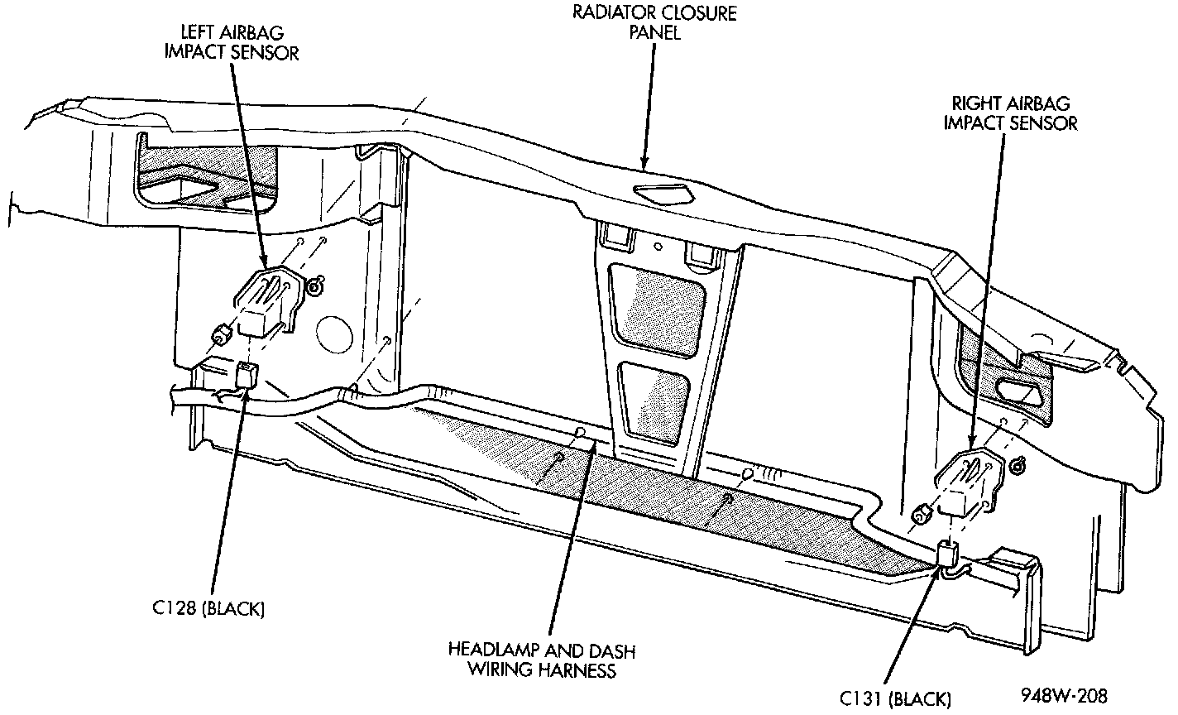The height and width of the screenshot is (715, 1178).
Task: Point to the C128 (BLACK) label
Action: (208, 609)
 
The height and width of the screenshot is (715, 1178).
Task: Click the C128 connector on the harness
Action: (247, 377)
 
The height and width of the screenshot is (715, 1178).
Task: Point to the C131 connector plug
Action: (948, 554)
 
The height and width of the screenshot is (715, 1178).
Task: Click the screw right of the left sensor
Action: (315, 287)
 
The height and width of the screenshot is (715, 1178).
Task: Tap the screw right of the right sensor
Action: (1018, 467)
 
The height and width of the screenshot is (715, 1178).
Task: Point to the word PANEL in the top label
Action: (658, 35)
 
